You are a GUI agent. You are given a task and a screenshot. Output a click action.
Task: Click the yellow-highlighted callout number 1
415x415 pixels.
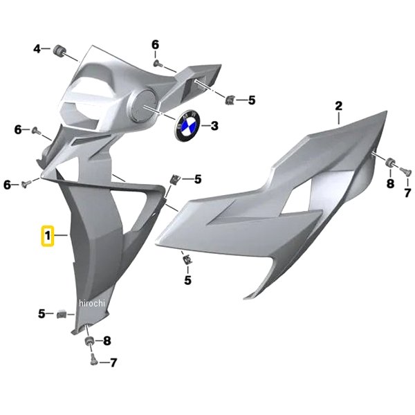(x=48, y=236)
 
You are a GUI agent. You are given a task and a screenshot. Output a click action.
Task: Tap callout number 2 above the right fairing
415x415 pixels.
(x=338, y=106)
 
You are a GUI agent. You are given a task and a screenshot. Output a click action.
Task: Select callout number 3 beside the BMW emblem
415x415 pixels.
(x=214, y=125)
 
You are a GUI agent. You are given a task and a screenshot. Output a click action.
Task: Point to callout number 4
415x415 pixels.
(x=37, y=48)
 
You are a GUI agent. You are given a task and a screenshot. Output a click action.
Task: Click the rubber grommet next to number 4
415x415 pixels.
(x=57, y=50)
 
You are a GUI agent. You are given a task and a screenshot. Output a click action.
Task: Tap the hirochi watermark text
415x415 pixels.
(x=92, y=303)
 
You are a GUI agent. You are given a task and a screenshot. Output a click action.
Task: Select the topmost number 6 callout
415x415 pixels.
(x=156, y=45)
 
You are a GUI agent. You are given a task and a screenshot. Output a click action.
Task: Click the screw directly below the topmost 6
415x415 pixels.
(x=157, y=63)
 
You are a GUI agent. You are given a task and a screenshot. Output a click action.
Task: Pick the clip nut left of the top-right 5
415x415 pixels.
(x=230, y=100)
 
